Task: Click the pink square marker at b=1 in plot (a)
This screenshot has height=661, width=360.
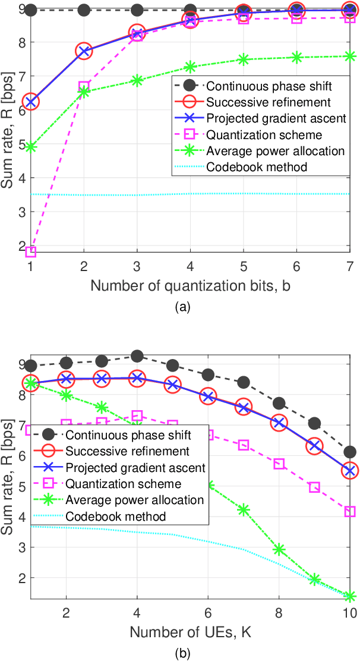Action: click(31, 251)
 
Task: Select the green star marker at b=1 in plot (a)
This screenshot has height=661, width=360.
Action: click(31, 146)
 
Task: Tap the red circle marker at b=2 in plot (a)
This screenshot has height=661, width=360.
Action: click(84, 51)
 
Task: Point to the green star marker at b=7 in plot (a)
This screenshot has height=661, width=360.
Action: click(350, 56)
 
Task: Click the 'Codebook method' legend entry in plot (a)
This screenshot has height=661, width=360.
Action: click(257, 167)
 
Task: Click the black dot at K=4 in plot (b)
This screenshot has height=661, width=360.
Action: click(137, 356)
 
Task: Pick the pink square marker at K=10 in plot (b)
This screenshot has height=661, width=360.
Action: click(350, 511)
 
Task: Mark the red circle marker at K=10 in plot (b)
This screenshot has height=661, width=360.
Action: click(350, 471)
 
